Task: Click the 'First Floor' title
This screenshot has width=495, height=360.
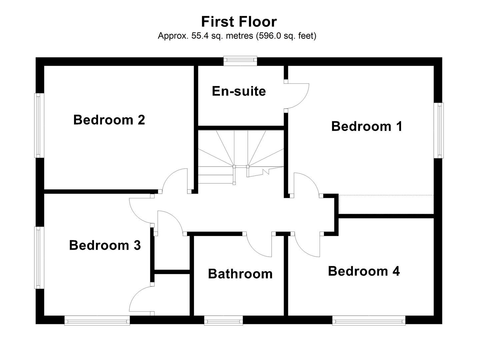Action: point(239,22)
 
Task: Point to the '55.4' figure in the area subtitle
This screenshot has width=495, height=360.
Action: point(199,36)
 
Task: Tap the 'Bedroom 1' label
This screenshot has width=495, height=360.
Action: point(367,126)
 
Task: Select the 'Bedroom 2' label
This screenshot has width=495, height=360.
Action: point(109,120)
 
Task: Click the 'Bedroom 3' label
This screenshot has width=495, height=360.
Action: point(105,245)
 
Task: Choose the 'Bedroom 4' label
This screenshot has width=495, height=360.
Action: point(364,271)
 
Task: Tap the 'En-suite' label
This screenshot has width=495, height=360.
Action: point(239,91)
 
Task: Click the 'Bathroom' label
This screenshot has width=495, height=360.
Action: point(240,274)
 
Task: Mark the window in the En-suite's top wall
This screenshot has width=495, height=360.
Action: point(240,60)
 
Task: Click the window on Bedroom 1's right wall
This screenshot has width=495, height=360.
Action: point(440,130)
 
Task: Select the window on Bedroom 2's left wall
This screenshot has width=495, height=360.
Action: point(39,125)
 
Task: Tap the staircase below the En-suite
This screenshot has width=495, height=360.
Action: point(241,153)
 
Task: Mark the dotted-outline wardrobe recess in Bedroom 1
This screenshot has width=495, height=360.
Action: point(386,204)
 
